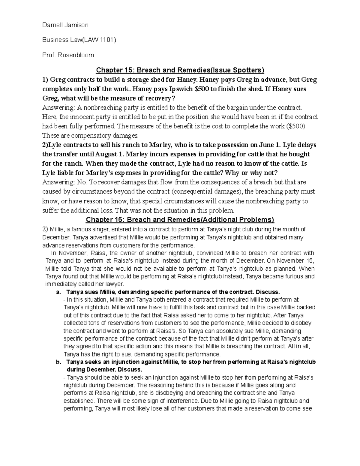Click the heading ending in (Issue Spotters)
[x=180, y=70]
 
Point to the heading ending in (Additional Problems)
[x=180, y=220]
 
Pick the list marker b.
[x=58, y=362]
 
